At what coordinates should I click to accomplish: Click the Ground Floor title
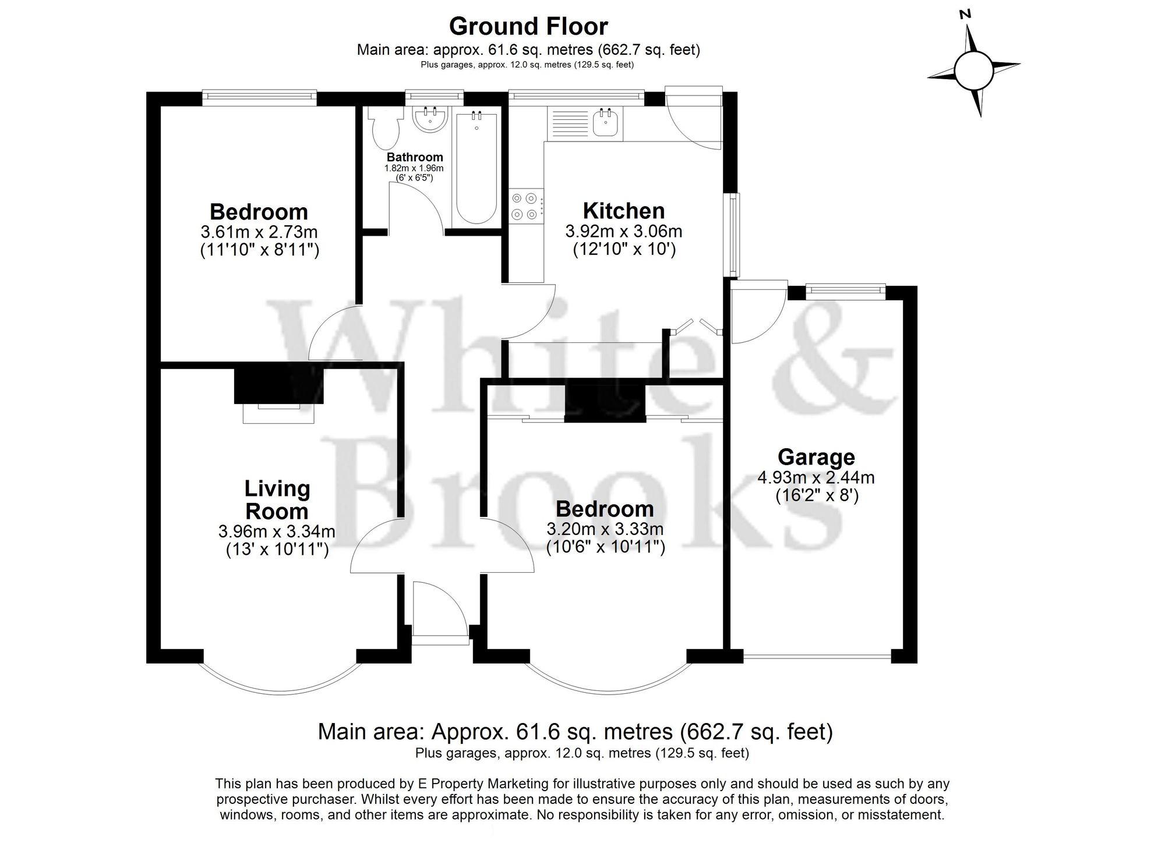[528, 26]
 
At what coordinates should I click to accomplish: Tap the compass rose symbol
[973, 70]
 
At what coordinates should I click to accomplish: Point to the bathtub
[476, 168]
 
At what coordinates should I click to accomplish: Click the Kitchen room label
[623, 211]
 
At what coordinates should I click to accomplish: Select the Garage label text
[816, 457]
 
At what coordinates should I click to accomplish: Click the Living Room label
[277, 499]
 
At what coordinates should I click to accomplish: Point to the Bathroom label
[415, 157]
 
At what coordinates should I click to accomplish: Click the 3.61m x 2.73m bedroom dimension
[259, 232]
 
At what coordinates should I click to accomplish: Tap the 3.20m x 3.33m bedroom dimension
[605, 529]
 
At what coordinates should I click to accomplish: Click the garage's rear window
[845, 290]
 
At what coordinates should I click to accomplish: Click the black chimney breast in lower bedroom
[605, 402]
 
